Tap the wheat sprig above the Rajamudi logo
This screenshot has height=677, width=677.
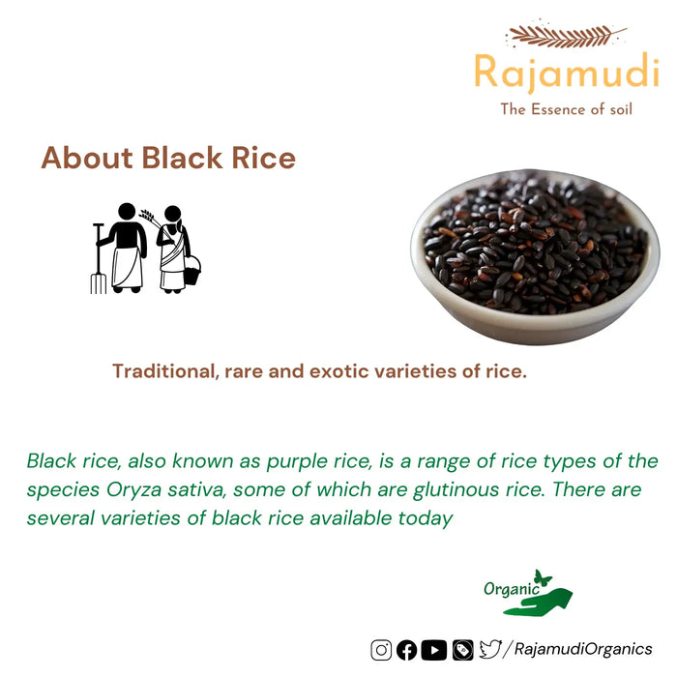coord(566,36)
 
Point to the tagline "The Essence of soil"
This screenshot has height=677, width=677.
coord(566,109)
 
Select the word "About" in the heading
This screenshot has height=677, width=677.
coord(87,159)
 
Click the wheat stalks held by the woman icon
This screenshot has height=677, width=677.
coord(149,217)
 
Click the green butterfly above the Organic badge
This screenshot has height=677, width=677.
coord(544,577)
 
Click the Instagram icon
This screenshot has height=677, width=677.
coord(381,650)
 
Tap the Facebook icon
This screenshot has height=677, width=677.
coord(407,650)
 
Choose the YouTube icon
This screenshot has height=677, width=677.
coord(434,650)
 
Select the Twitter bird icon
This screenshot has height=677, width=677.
coord(491,650)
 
